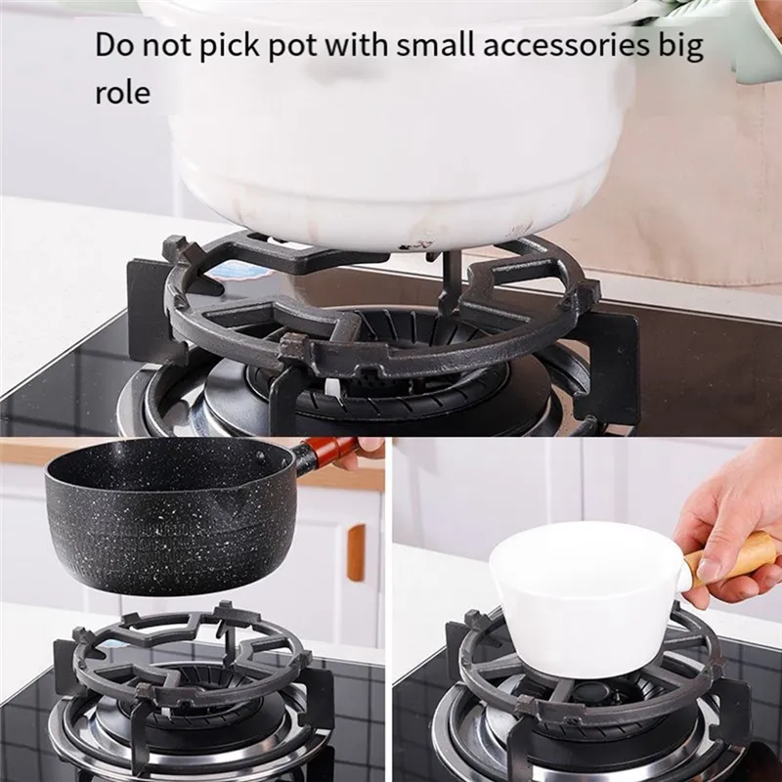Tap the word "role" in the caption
(123, 93)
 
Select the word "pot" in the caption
(294, 46)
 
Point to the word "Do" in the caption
(114, 45)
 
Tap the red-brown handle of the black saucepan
(329, 448)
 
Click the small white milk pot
(589, 598)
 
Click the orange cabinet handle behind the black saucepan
(356, 551)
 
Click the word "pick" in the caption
(229, 46)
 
